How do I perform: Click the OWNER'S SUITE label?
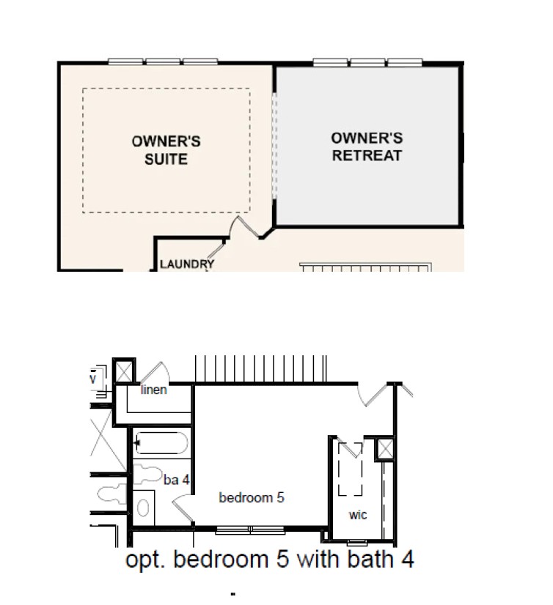[166, 149]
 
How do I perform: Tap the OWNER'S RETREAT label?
[367, 146]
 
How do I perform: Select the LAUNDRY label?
[187, 264]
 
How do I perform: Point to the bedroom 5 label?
[252, 497]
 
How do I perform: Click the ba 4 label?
[176, 480]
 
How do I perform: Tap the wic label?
[358, 515]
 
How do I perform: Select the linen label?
[154, 390]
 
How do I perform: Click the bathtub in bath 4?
[161, 445]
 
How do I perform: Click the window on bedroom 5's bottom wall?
[252, 529]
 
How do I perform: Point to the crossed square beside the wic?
[384, 448]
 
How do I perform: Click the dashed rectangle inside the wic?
[350, 469]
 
